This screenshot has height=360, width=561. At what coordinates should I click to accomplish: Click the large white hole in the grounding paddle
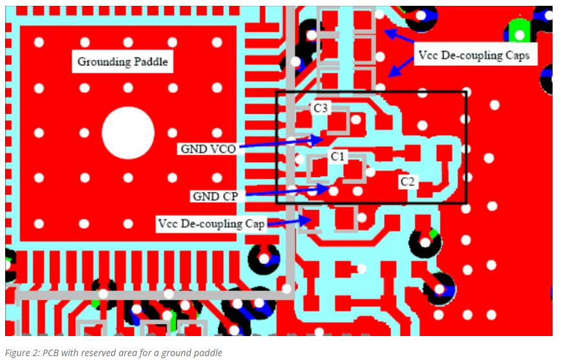tap(128, 132)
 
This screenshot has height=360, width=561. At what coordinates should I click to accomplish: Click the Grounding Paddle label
tap(122, 62)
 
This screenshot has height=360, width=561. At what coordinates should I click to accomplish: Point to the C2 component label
tap(407, 181)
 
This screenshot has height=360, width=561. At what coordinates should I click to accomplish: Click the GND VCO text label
tap(208, 148)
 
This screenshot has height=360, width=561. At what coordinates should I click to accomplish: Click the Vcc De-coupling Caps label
tap(474, 56)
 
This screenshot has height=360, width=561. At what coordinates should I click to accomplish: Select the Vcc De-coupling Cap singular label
tap(211, 224)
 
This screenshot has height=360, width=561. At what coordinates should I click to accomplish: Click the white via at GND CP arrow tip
tap(333, 191)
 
